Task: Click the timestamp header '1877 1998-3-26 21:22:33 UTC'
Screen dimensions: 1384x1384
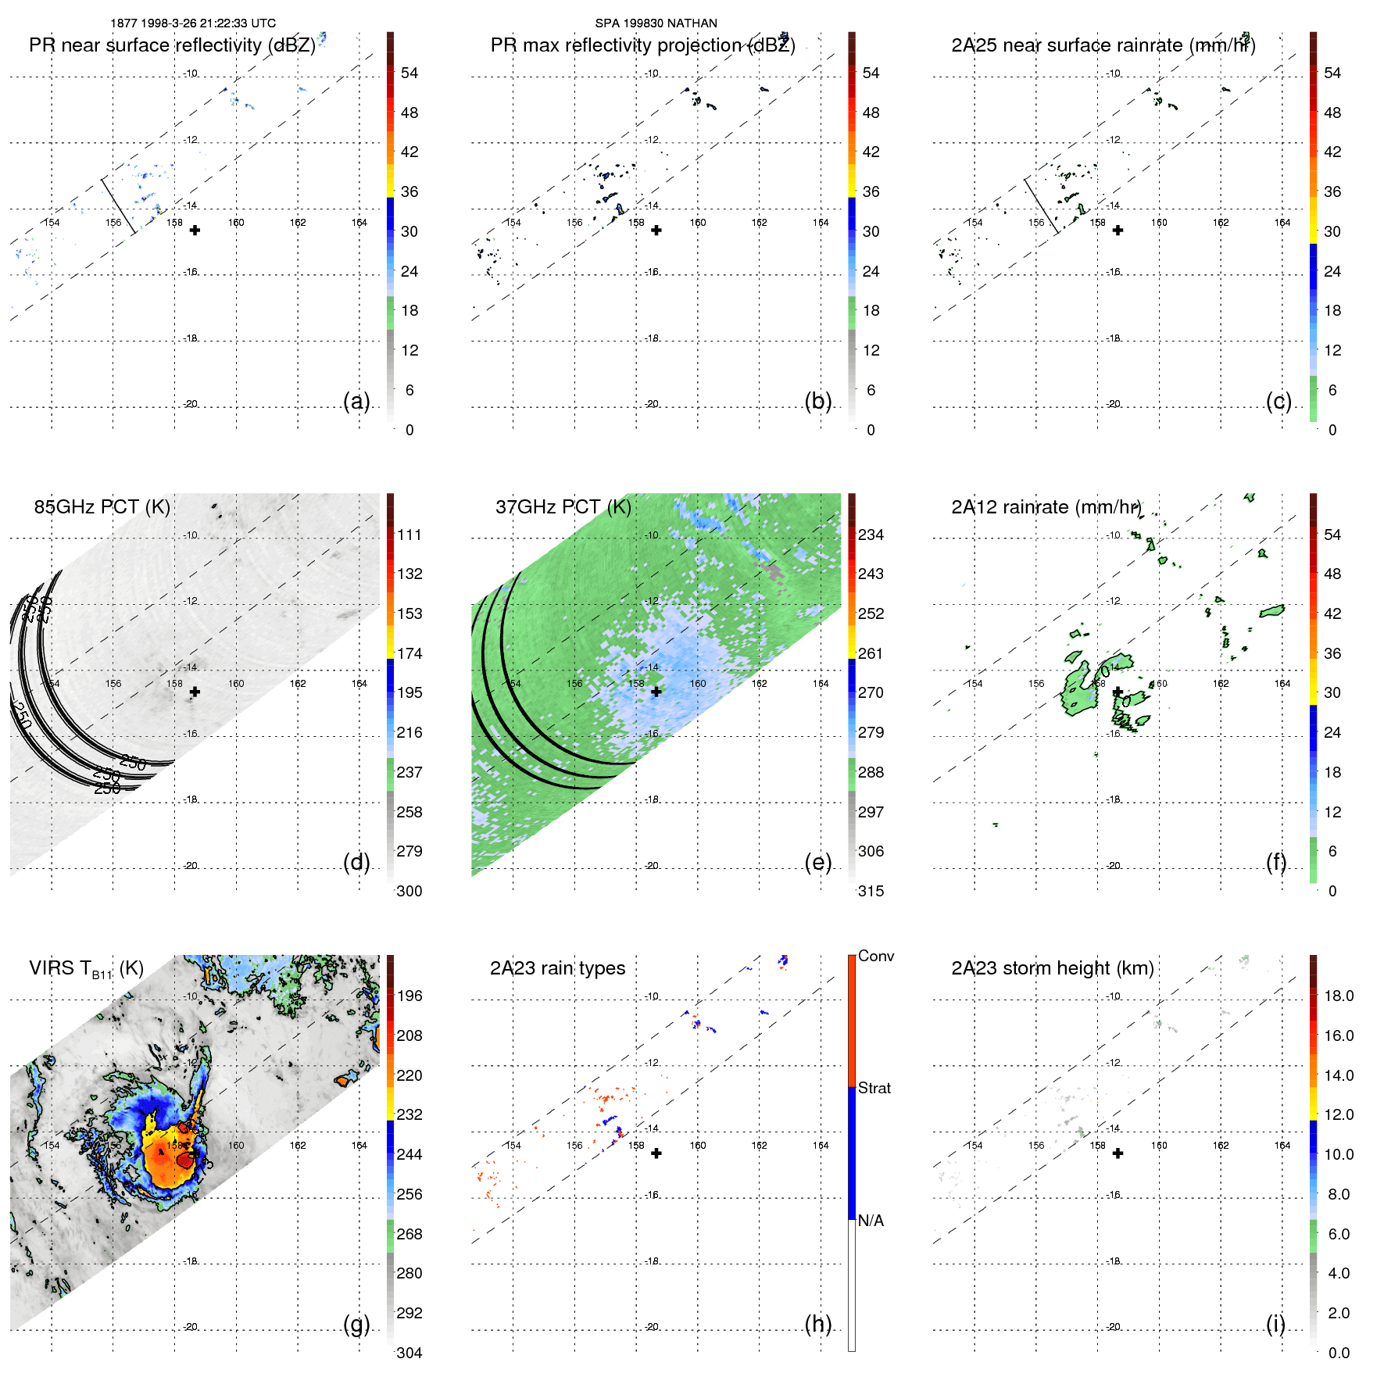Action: (x=193, y=23)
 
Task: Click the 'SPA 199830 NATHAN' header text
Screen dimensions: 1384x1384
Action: (x=656, y=23)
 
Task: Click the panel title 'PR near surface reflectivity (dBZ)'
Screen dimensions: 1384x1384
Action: (x=172, y=45)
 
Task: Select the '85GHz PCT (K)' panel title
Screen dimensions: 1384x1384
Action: (x=102, y=507)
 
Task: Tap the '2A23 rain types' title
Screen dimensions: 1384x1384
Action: (x=557, y=968)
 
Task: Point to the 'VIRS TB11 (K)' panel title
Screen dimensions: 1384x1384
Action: (x=86, y=969)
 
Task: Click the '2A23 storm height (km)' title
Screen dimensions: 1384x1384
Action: (x=1052, y=968)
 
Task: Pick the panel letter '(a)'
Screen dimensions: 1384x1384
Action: (x=356, y=401)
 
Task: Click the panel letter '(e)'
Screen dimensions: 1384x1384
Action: (x=817, y=862)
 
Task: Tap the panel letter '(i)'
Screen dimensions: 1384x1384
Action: (x=1275, y=1324)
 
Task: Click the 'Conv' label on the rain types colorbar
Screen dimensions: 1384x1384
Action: (x=875, y=956)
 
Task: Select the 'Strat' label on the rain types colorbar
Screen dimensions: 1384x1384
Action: (x=874, y=1088)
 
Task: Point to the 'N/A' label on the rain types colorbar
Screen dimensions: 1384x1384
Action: (x=871, y=1221)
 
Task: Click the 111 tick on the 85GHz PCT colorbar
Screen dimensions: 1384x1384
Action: (x=409, y=535)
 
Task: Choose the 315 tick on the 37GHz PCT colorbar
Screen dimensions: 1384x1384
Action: (x=871, y=891)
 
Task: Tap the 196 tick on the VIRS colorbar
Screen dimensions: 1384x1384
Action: (x=409, y=996)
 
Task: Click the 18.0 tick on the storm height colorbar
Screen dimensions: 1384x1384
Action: (x=1339, y=996)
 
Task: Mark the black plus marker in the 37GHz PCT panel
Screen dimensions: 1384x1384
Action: (x=656, y=692)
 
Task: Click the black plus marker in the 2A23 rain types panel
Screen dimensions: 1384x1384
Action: (x=656, y=1153)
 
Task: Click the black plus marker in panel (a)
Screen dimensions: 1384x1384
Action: (x=195, y=231)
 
